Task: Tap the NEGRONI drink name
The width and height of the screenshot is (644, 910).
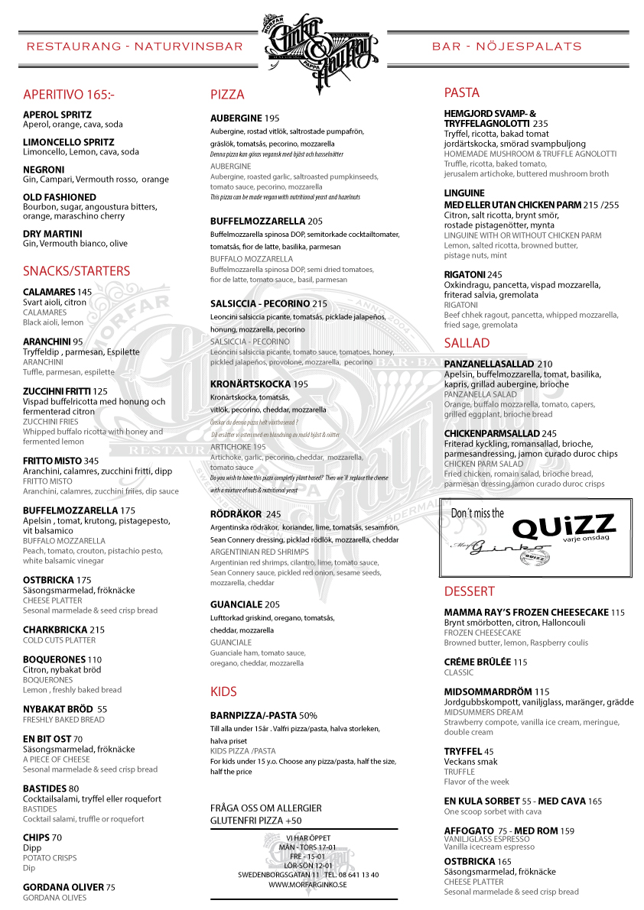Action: click(44, 170)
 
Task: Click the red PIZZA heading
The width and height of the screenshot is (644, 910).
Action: click(227, 95)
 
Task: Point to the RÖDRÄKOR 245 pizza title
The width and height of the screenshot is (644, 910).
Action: click(246, 514)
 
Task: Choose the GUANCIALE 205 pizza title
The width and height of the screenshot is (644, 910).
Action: click(245, 604)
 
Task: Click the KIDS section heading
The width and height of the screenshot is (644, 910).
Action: click(223, 691)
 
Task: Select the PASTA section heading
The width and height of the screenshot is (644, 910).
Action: click(462, 92)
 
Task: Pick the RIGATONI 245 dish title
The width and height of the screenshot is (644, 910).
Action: click(473, 275)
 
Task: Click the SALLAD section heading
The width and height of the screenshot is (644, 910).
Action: click(467, 342)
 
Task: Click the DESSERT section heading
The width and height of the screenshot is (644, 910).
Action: click(469, 591)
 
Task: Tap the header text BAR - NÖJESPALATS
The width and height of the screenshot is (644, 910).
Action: click(507, 47)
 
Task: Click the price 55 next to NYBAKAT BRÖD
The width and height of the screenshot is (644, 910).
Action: click(102, 709)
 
